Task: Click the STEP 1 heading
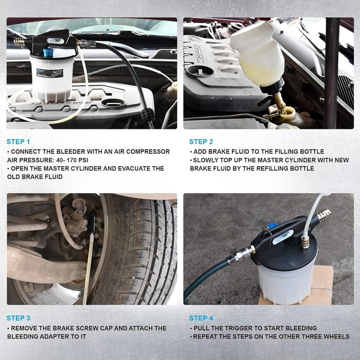21,141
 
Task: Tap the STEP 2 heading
203,141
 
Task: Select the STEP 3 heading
21,318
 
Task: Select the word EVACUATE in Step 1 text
141,168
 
